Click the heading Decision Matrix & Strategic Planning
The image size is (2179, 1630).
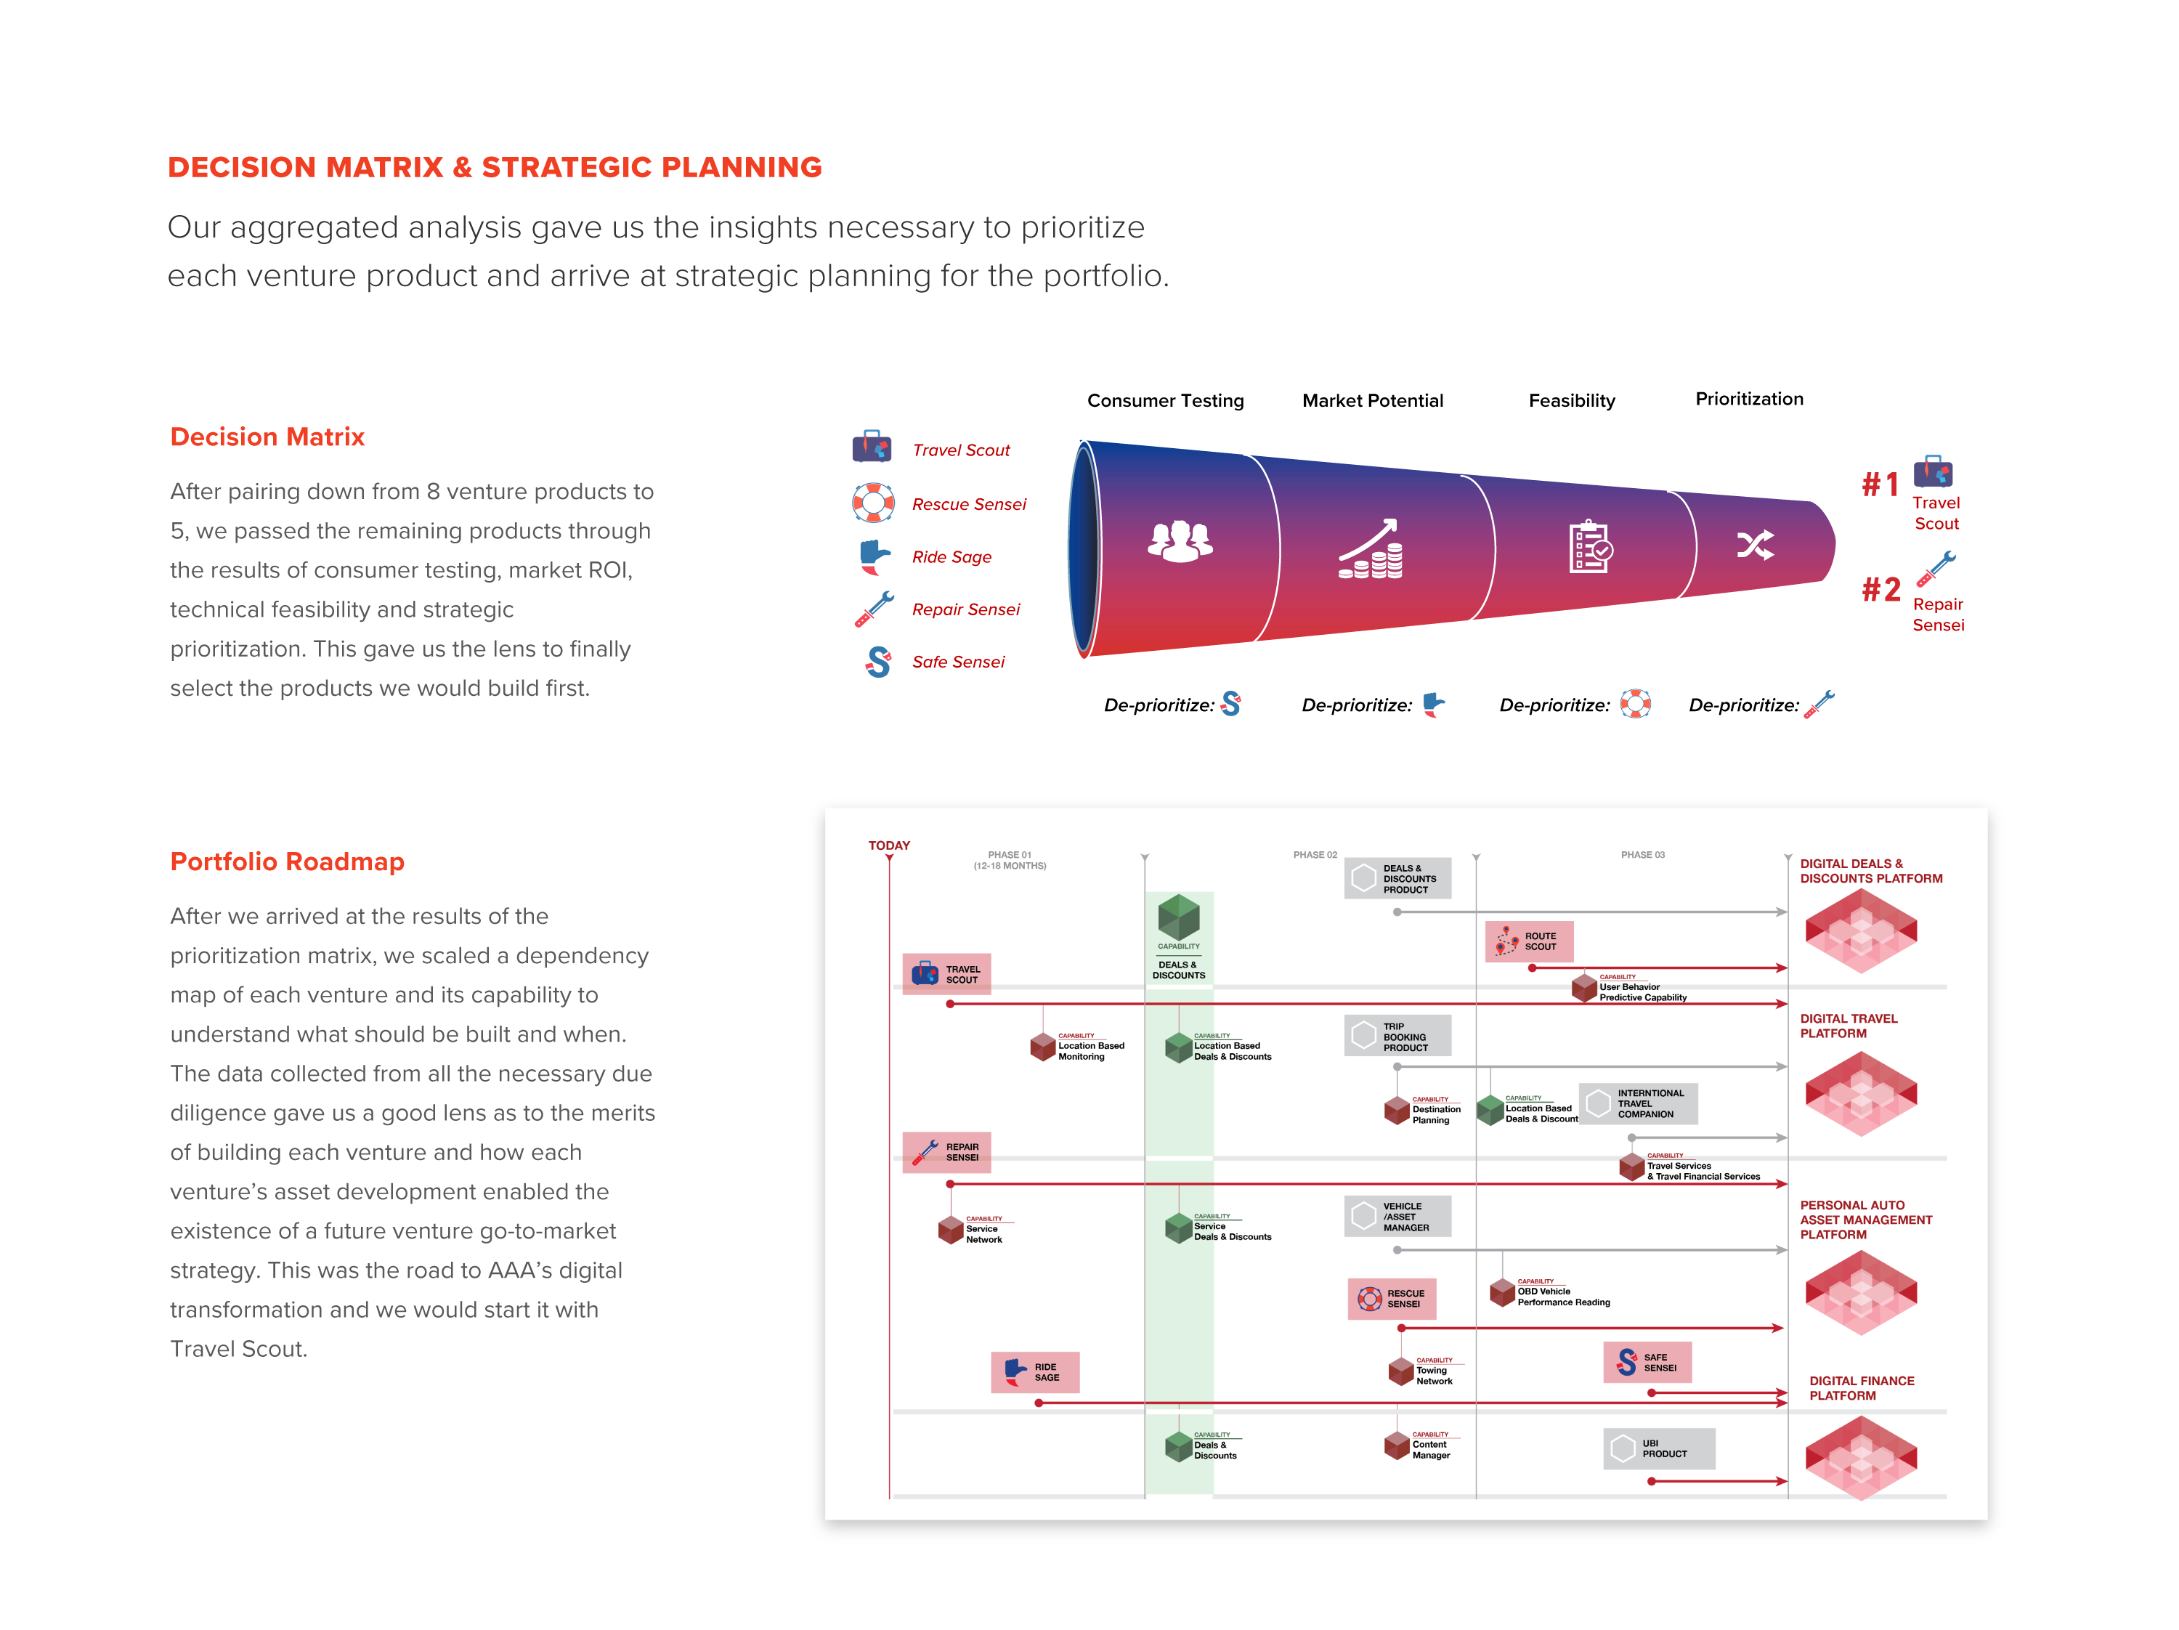[x=495, y=168]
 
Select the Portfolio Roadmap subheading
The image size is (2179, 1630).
[x=287, y=861]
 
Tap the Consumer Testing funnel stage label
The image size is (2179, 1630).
[x=1165, y=401]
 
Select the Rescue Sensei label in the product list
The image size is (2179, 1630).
[x=968, y=504]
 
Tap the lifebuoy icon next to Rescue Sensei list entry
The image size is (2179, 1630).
[x=873, y=503]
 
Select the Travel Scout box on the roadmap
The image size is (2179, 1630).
[x=946, y=974]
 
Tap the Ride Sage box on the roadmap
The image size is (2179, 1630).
[x=1034, y=1372]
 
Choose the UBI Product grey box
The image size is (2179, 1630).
[x=1659, y=1449]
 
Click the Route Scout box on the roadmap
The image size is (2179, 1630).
[x=1529, y=941]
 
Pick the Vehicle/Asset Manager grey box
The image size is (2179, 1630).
[x=1397, y=1217]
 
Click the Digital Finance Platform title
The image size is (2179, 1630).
[x=1861, y=1387]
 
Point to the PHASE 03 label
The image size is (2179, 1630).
[x=1642, y=855]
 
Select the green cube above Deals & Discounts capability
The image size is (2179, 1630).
[x=1178, y=917]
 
